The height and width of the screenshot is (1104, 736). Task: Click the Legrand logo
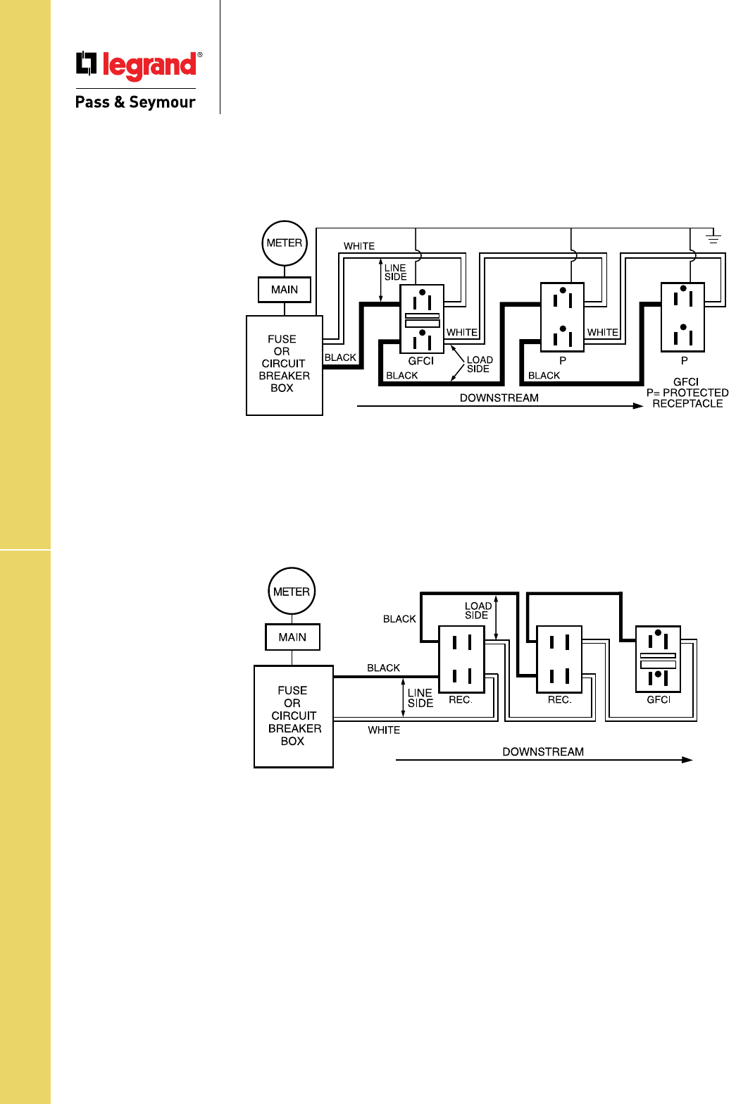point(139,65)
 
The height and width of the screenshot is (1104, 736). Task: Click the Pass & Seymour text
point(135,102)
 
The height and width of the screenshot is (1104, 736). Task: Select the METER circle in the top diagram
point(285,243)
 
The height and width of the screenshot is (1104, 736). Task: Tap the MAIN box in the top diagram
point(285,290)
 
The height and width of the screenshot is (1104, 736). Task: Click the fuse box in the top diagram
point(285,365)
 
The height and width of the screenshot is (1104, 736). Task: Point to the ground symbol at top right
point(713,238)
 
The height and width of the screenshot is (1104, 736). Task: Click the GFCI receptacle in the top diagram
point(422,319)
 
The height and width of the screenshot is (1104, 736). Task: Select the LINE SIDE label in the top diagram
point(395,272)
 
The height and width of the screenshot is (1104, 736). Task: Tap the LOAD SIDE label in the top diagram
point(480,364)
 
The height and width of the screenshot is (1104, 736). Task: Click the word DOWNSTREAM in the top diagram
point(499,398)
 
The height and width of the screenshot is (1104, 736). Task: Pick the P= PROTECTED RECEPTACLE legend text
point(687,398)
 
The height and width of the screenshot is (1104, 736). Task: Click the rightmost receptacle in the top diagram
point(682,317)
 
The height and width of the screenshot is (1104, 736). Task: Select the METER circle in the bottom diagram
point(292,591)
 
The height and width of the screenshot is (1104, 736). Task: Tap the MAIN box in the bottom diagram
point(292,637)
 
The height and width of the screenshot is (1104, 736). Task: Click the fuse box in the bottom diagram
point(293,716)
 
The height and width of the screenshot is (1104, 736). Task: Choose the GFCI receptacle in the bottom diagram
point(658,659)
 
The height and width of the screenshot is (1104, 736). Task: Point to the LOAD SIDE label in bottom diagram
point(478,611)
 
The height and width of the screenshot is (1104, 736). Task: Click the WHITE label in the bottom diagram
point(384,730)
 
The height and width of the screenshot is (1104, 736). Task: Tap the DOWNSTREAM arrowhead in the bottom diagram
point(687,759)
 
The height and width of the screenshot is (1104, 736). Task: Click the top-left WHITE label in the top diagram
point(359,246)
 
